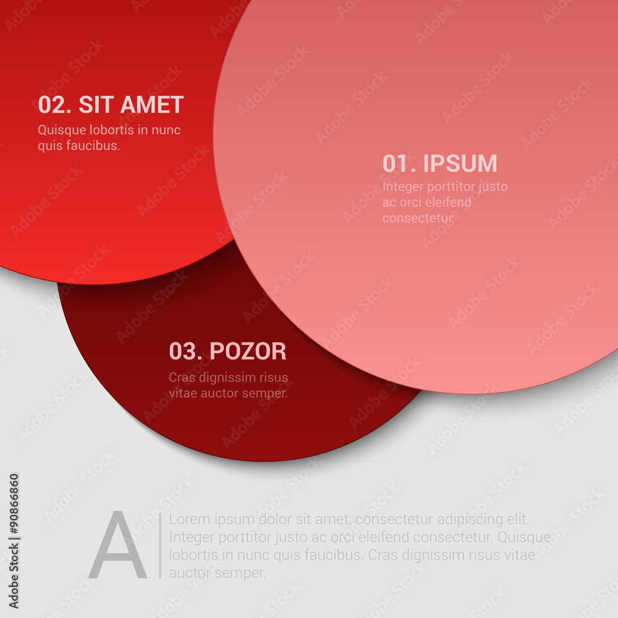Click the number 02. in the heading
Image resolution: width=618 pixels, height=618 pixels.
55,104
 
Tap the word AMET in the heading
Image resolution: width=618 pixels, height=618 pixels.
152,104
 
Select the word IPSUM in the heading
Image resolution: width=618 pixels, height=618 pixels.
460,163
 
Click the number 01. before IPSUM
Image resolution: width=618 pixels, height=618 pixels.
399,163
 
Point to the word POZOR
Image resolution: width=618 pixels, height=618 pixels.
248,351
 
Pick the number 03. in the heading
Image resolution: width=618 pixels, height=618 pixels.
185,351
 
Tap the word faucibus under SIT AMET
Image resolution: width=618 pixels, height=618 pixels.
93,145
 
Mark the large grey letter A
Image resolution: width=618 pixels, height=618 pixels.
118,544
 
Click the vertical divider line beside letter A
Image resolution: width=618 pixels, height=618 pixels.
160,546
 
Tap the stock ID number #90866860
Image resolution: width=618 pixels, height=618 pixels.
14,504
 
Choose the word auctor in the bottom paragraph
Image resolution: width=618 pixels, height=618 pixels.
188,573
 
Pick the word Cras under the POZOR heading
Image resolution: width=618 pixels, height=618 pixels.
182,377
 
